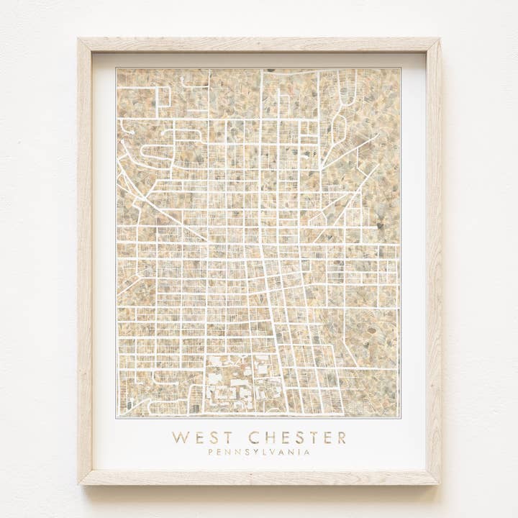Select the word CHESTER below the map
(x=297, y=437)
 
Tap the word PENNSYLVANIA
(x=259, y=453)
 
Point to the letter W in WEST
(x=179, y=437)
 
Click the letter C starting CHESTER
(x=254, y=437)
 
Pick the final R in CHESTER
(x=341, y=437)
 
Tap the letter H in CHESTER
(x=269, y=437)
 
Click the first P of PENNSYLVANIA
(x=211, y=453)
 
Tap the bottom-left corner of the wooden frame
(x=79, y=483)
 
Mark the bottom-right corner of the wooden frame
(x=440, y=483)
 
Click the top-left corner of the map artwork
(x=117, y=69)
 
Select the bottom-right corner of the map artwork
(x=400, y=417)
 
